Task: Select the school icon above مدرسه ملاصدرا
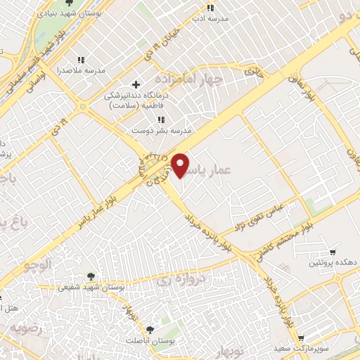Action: point(82,59)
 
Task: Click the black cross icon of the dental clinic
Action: point(136,85)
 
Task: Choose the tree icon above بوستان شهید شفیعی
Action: point(91,276)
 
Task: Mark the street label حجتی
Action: point(251,70)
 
